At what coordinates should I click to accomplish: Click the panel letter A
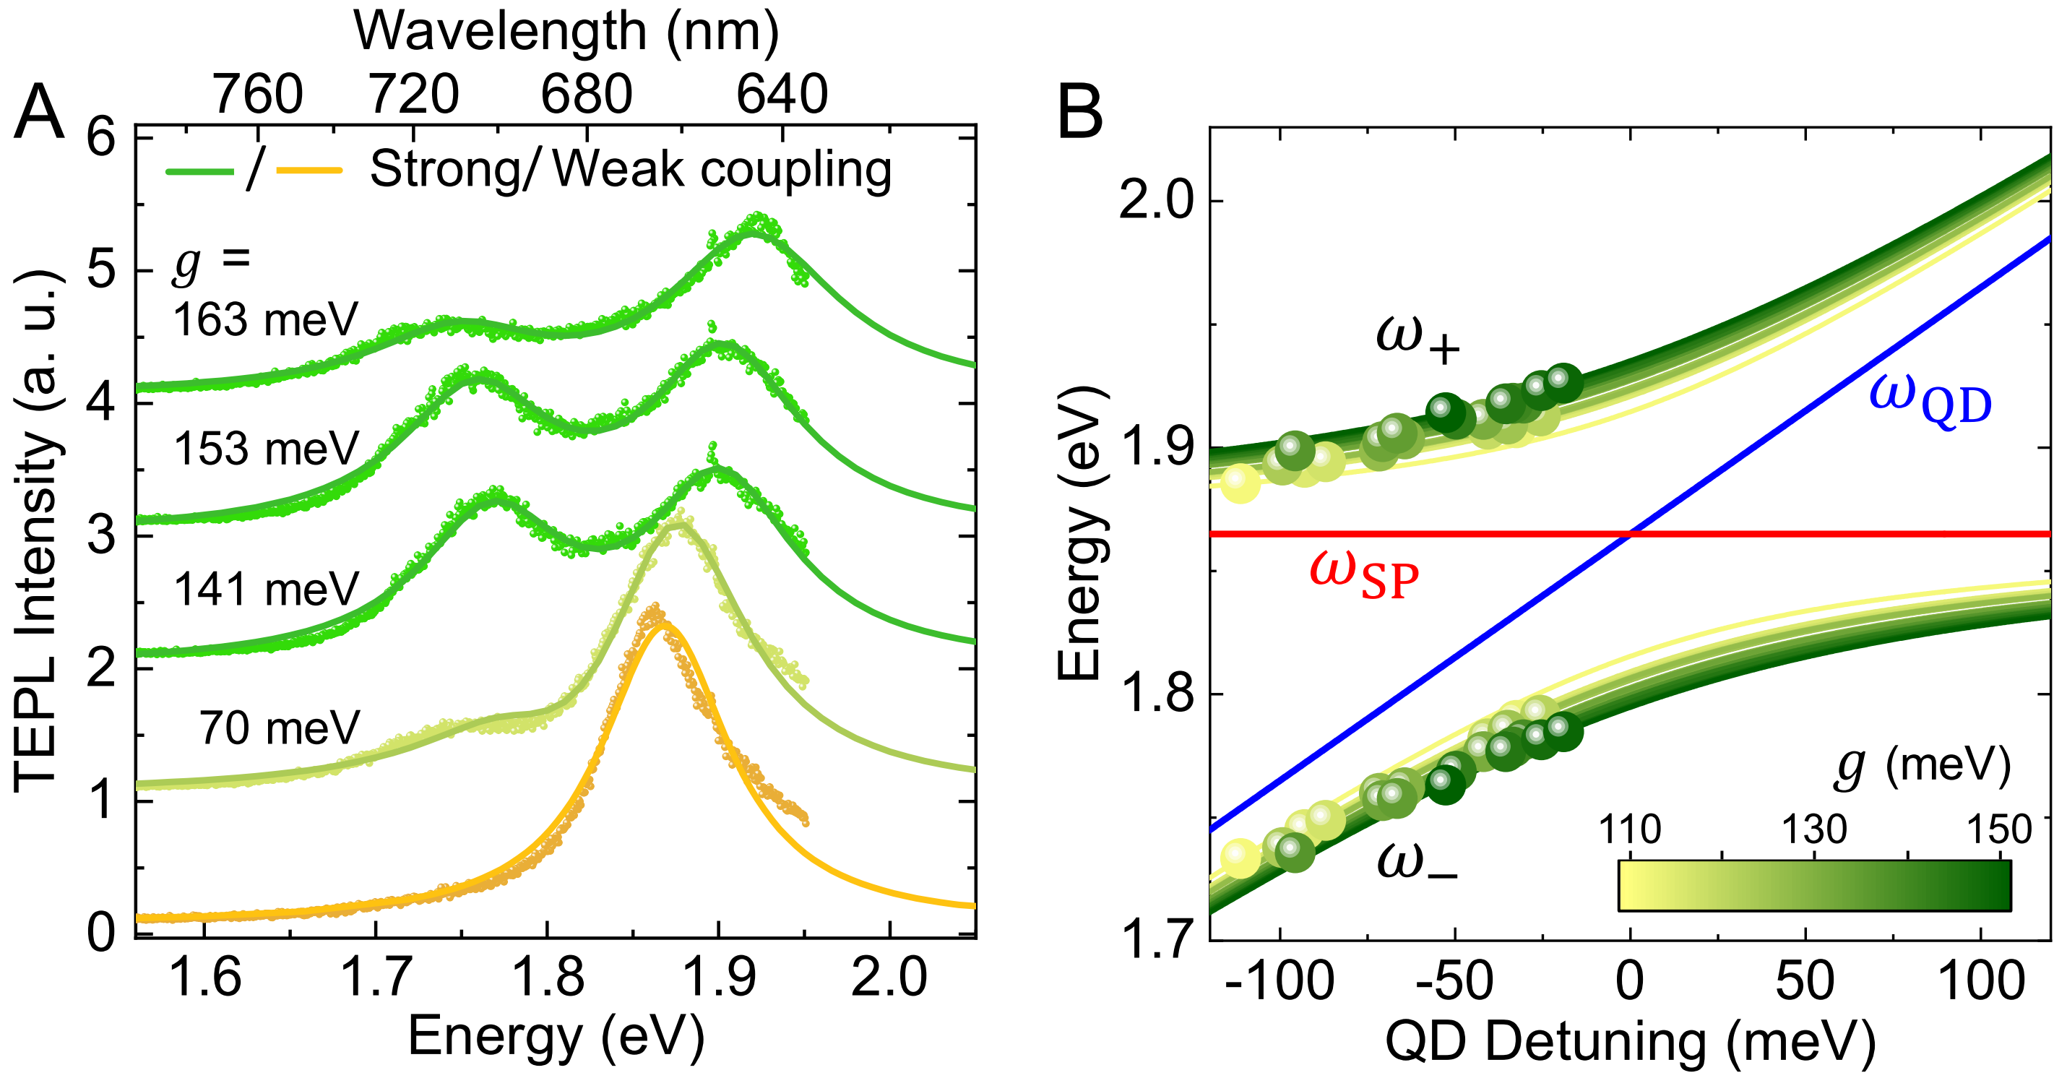click(x=38, y=113)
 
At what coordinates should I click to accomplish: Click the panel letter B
click(x=1080, y=113)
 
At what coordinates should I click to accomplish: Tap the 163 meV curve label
click(x=265, y=319)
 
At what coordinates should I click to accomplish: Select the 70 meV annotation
click(x=280, y=728)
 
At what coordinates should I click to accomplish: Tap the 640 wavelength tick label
click(x=782, y=94)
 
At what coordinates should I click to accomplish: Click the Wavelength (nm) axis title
click(x=566, y=32)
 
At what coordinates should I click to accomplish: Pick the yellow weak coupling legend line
click(x=309, y=171)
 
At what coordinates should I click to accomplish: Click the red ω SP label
click(x=1363, y=574)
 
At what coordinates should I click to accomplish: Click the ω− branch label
click(x=1417, y=863)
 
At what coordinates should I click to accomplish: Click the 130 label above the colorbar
click(x=1814, y=829)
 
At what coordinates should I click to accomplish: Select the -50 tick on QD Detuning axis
click(x=1454, y=981)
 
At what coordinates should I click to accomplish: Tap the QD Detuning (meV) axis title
click(x=1630, y=1042)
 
